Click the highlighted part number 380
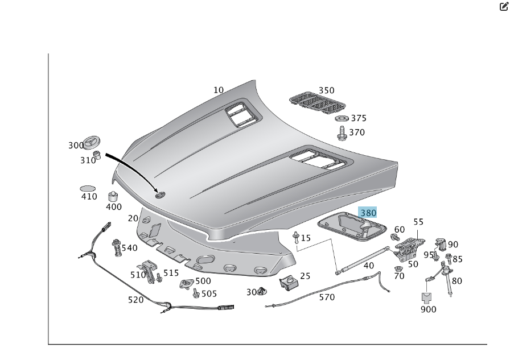pos(368,213)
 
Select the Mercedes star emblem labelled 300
pos(92,143)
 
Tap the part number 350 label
pos(326,90)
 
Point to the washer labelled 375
pos(342,118)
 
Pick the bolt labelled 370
pos(342,134)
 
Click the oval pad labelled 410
pos(88,188)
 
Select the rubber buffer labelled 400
pos(113,197)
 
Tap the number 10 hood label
pos(219,90)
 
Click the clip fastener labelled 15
pos(296,237)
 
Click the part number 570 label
pos(327,297)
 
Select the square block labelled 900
pos(427,297)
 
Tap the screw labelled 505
pos(196,293)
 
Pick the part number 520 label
pos(135,300)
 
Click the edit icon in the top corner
pos(503,6)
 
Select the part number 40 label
pos(369,266)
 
